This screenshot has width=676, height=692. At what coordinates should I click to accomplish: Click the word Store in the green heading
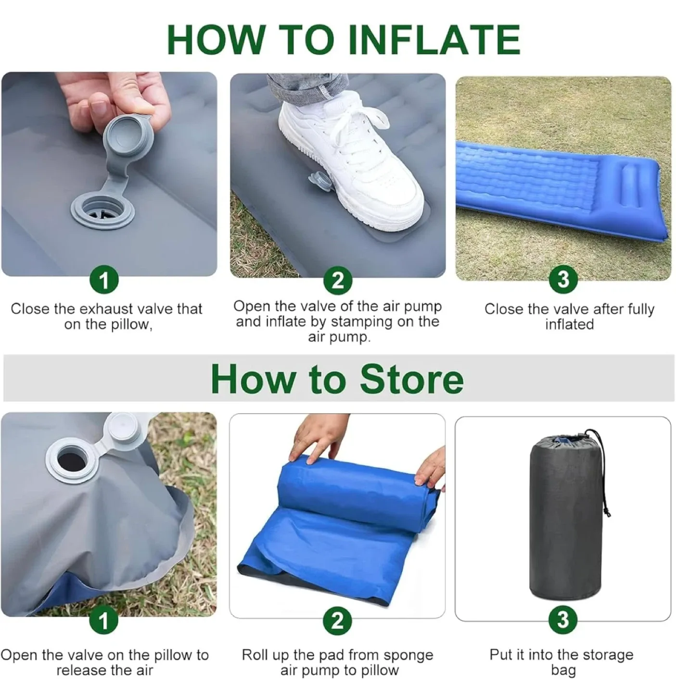coord(411,380)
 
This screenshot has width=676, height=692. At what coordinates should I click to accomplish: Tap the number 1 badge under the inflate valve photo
coord(104,280)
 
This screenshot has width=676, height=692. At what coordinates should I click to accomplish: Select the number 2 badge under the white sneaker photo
coord(338,280)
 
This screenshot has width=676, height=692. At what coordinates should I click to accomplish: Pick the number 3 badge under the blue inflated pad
coord(562,279)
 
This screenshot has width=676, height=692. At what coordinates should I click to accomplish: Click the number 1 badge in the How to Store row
coord(104,621)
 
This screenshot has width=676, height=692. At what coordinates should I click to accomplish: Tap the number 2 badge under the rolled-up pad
coord(338,620)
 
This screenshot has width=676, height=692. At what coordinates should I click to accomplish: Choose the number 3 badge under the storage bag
coord(562,620)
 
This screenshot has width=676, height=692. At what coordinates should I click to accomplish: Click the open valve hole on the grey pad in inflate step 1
coord(102,212)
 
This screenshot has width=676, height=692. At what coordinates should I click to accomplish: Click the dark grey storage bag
coord(565,519)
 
